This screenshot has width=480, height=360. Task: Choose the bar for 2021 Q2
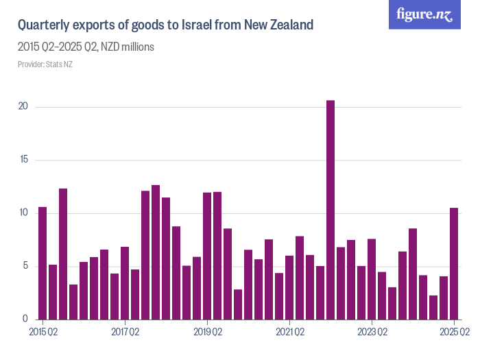289,287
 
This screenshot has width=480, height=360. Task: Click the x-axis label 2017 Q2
125,333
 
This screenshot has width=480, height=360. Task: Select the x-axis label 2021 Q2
289,333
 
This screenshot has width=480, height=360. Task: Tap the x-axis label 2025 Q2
454,333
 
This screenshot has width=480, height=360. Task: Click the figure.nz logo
424,14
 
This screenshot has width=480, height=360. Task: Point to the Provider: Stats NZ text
45,64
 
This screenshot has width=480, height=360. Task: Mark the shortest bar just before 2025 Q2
433,307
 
